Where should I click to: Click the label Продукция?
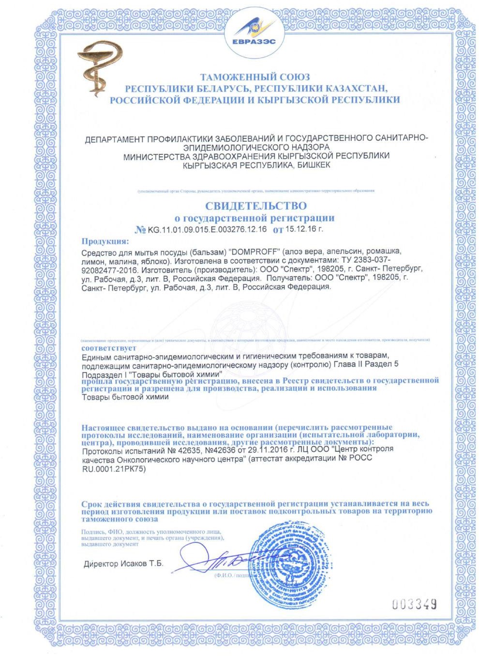105,241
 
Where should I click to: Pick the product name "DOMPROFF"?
254,253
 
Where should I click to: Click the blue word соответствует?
109,348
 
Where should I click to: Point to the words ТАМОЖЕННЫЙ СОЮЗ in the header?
255,77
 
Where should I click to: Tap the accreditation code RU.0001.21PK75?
114,468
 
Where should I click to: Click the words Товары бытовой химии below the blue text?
125,397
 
